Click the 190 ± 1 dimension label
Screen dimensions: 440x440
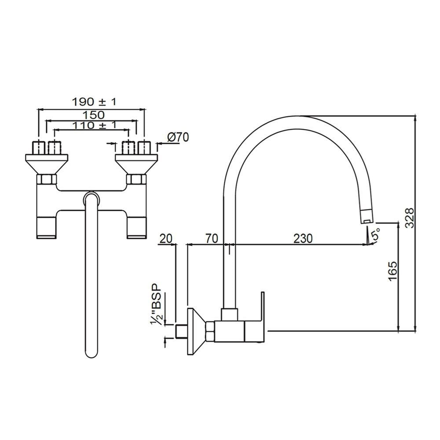tap(94, 102)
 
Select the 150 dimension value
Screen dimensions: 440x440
tap(92, 115)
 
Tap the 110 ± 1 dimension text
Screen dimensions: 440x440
tap(92, 126)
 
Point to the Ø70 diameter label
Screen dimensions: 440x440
tap(178, 137)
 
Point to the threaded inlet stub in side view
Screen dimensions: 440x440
tap(181, 331)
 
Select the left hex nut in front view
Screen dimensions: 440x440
tap(47, 179)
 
